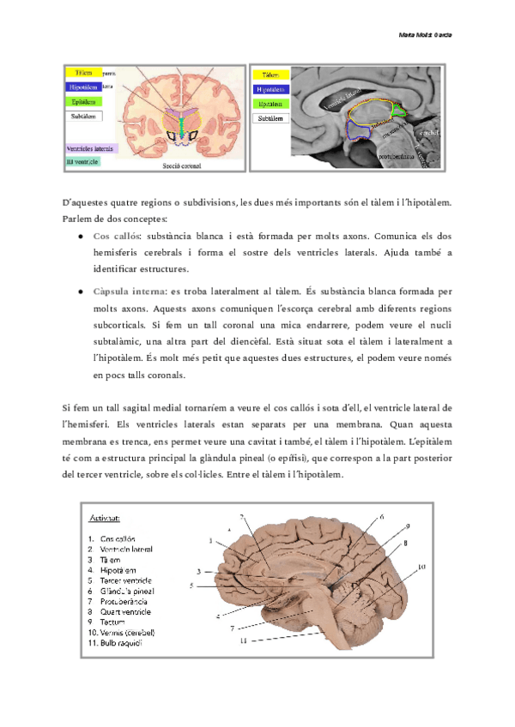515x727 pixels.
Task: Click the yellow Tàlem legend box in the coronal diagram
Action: click(x=84, y=73)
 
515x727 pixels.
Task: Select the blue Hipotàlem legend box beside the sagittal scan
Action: click(x=271, y=89)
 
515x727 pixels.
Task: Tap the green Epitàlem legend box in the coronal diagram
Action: click(x=84, y=101)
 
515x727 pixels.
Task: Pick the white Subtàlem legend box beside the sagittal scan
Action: click(x=271, y=118)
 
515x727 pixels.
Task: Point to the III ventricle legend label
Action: click(x=82, y=160)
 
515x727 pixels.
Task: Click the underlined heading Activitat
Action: click(x=106, y=518)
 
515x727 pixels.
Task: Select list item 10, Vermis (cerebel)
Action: click(x=127, y=633)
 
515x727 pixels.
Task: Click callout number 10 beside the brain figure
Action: click(x=421, y=568)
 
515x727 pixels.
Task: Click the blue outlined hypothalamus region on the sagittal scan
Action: click(x=359, y=128)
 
